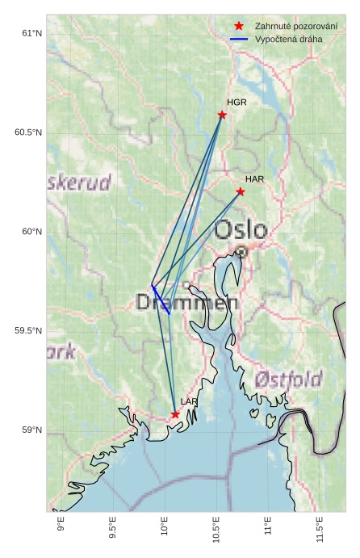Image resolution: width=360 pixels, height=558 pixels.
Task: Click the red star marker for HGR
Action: click(222, 115)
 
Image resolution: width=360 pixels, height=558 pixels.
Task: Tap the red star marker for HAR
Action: click(241, 191)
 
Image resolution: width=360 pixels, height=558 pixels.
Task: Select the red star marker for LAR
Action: click(175, 414)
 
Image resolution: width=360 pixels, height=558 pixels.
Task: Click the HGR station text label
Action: click(237, 103)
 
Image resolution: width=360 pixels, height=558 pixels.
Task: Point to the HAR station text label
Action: click(255, 178)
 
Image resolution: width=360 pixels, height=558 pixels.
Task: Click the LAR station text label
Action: click(190, 401)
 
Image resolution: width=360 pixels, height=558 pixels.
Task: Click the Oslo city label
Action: click(241, 230)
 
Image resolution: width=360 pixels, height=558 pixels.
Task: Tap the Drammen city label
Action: click(187, 303)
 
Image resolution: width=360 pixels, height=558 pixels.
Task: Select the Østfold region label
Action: click(288, 379)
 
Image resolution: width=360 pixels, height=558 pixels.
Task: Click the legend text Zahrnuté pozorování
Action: click(296, 26)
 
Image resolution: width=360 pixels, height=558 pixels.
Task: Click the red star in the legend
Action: click(239, 26)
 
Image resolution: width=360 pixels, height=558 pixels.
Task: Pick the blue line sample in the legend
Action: click(239, 39)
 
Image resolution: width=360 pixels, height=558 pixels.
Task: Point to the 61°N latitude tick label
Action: click(31, 33)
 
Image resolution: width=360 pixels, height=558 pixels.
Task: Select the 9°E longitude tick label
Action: click(61, 529)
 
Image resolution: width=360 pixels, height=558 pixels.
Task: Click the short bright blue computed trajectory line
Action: click(160, 298)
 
